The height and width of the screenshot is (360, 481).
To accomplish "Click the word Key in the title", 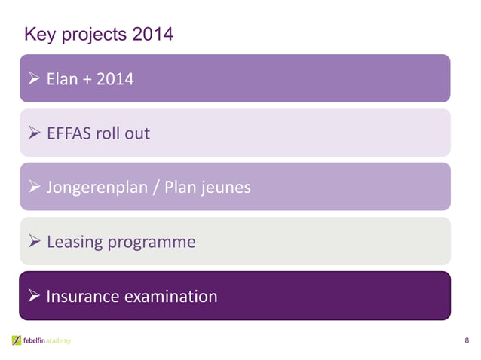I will click(x=39, y=35).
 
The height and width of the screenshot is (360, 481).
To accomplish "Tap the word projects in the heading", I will click(x=93, y=35).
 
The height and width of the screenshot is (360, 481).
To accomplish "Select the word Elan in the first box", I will click(x=62, y=78).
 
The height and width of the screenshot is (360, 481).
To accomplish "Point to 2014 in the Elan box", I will click(x=115, y=78).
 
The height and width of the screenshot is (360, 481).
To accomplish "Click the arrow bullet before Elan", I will click(x=35, y=78).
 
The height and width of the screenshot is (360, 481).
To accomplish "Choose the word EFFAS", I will click(x=68, y=133).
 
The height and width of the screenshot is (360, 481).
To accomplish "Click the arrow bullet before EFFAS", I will click(x=35, y=133).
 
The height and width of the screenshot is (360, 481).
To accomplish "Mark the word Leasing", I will click(x=75, y=243).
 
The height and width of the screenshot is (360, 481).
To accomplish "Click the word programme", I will click(x=152, y=243).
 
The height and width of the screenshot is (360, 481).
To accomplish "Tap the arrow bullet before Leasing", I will click(x=35, y=242).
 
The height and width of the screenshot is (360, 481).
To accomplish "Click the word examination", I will click(x=170, y=297).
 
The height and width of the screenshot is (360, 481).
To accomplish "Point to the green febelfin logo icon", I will click(x=16, y=341).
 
